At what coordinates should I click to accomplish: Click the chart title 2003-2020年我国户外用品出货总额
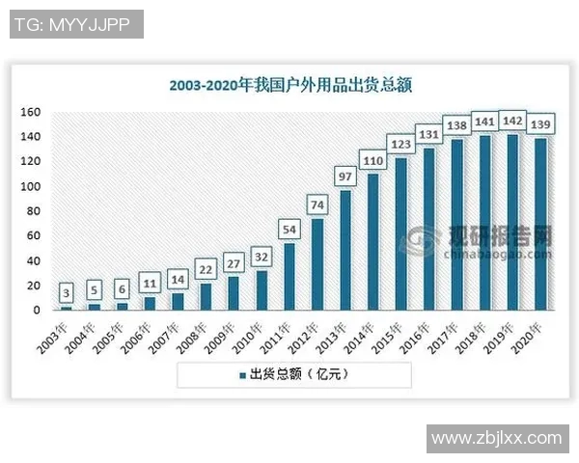(x=289, y=85)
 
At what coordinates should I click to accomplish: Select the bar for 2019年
(x=512, y=223)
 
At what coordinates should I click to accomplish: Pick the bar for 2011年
(x=289, y=277)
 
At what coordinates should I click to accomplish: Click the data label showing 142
(x=512, y=122)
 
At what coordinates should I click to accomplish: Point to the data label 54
(x=289, y=229)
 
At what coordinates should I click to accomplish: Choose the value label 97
(x=345, y=176)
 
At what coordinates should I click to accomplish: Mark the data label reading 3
(x=66, y=291)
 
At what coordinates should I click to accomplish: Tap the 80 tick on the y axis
(x=32, y=211)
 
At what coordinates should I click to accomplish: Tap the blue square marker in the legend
(x=241, y=374)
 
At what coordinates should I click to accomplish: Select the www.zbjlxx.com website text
(x=496, y=438)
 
